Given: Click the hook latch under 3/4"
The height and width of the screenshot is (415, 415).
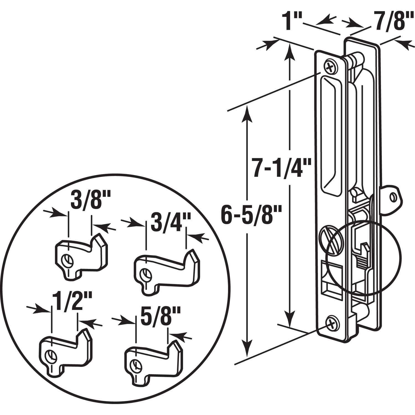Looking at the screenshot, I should [x=166, y=273].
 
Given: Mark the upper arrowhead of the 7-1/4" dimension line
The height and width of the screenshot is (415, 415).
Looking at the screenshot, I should [x=290, y=50].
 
